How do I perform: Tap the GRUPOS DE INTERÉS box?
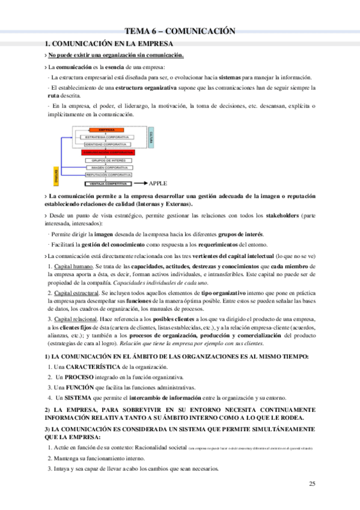[x=107, y=160]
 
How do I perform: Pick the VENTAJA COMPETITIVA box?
[x=106, y=183]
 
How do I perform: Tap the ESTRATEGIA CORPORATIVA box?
[x=106, y=138]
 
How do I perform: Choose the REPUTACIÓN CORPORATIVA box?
[x=107, y=175]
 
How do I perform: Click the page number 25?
[x=311, y=484]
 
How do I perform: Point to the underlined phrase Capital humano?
[x=73, y=266]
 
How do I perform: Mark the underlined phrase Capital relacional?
[x=75, y=318]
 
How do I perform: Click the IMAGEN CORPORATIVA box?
[x=107, y=168]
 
